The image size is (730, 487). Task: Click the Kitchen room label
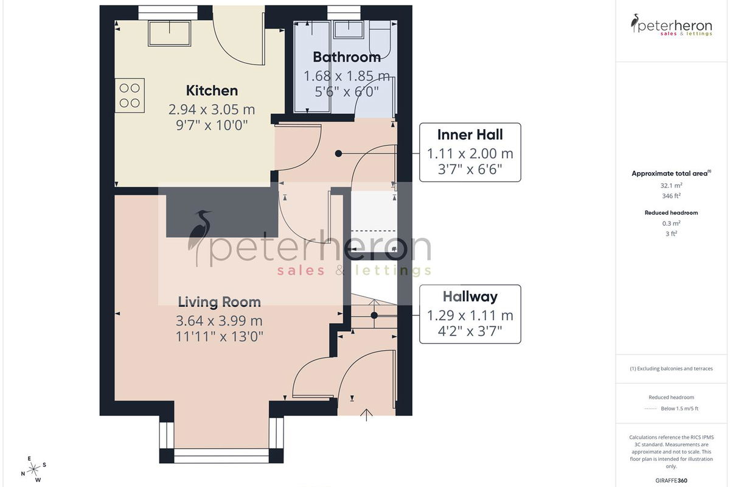click(x=212, y=91)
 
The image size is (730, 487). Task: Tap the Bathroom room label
click(x=347, y=57)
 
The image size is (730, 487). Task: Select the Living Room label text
click(x=220, y=302)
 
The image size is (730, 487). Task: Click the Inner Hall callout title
click(x=470, y=135)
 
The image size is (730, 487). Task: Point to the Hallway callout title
click(x=470, y=297)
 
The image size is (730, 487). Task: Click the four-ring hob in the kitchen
click(x=130, y=96)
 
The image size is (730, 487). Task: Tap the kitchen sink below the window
click(x=170, y=33)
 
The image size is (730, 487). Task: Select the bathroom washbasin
click(x=349, y=29)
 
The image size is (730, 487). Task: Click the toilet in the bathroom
click(x=380, y=40)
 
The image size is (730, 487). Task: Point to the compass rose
click(x=33, y=469)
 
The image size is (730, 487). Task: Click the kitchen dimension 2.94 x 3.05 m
click(x=212, y=110)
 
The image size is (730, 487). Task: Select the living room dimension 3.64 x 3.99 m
click(x=220, y=321)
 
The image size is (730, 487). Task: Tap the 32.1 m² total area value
click(x=672, y=185)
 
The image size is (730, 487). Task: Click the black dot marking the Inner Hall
click(x=339, y=153)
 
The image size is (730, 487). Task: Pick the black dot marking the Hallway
click(x=374, y=315)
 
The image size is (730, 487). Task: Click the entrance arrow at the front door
click(x=366, y=415)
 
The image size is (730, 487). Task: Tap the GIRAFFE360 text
click(x=672, y=480)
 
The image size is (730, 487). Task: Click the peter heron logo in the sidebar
click(x=672, y=25)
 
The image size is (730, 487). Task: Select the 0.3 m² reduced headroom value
click(x=672, y=223)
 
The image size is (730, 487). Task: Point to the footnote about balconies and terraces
click(x=672, y=368)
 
